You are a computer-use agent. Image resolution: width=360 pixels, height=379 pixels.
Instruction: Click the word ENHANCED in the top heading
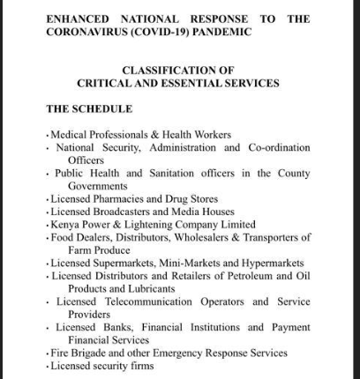pyautogui.click(x=78, y=19)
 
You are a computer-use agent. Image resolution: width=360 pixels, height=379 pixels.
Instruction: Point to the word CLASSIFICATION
pyautogui.click(x=164, y=70)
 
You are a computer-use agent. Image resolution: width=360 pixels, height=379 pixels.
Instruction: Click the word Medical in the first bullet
pyautogui.click(x=70, y=135)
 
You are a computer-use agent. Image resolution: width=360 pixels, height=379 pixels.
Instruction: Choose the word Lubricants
pyautogui.click(x=146, y=289)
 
